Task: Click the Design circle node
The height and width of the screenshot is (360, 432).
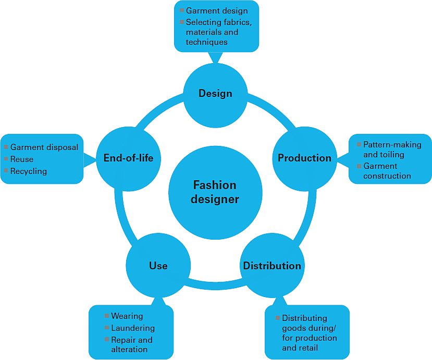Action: [x=215, y=94]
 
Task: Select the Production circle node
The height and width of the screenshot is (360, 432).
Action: [x=304, y=158]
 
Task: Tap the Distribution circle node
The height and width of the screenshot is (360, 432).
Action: [x=271, y=266]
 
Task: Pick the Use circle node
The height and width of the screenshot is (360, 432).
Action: [x=158, y=266]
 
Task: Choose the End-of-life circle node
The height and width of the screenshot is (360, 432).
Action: [x=128, y=158]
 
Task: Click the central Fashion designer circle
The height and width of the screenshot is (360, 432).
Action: [x=215, y=192]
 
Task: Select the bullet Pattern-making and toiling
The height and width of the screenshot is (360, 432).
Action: [x=392, y=150]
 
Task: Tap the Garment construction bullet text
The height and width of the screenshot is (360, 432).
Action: [x=387, y=171]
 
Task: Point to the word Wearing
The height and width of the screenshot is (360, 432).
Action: [x=127, y=316]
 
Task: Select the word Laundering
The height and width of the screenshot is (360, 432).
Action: [x=133, y=328]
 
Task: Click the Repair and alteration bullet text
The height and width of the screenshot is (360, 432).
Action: [x=131, y=345]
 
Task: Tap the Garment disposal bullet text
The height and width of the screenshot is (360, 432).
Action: [x=44, y=147]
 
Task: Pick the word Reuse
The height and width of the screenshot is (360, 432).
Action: [x=22, y=159]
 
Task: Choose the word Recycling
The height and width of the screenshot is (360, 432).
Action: [x=29, y=171]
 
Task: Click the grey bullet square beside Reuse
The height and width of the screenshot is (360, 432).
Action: [x=6, y=159]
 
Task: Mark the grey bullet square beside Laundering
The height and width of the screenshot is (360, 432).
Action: [x=106, y=328]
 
